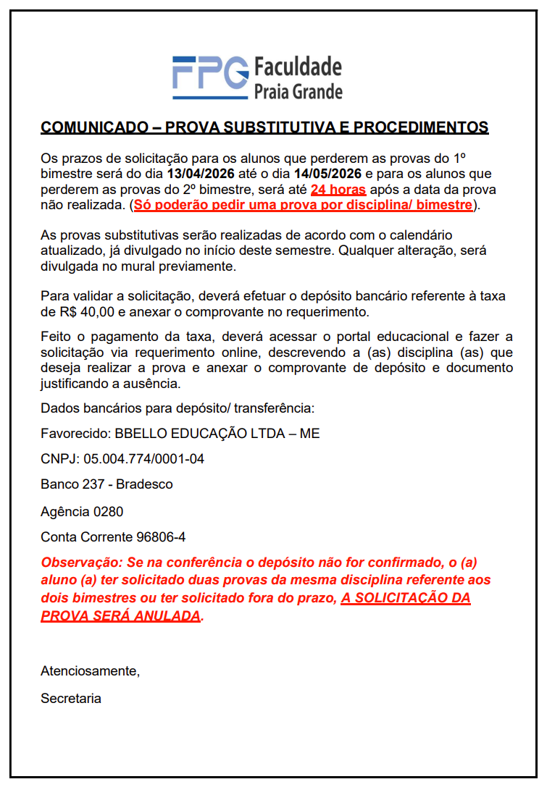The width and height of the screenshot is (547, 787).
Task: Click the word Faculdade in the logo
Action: click(297, 67)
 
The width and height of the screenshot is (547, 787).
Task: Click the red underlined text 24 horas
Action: click(338, 190)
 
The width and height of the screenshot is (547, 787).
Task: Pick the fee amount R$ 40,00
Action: click(84, 312)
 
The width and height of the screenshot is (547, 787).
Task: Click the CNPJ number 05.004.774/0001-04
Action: click(144, 459)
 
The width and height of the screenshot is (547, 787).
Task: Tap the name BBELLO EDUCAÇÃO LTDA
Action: click(205, 434)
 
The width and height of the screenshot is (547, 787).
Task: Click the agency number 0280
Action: click(108, 512)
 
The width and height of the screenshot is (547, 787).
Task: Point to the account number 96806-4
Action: click(161, 537)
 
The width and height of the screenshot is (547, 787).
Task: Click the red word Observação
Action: click(80, 563)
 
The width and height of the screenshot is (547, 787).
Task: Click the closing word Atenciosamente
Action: click(89, 670)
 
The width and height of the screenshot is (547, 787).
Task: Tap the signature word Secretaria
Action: click(71, 699)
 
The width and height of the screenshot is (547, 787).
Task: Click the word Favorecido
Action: click(75, 434)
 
